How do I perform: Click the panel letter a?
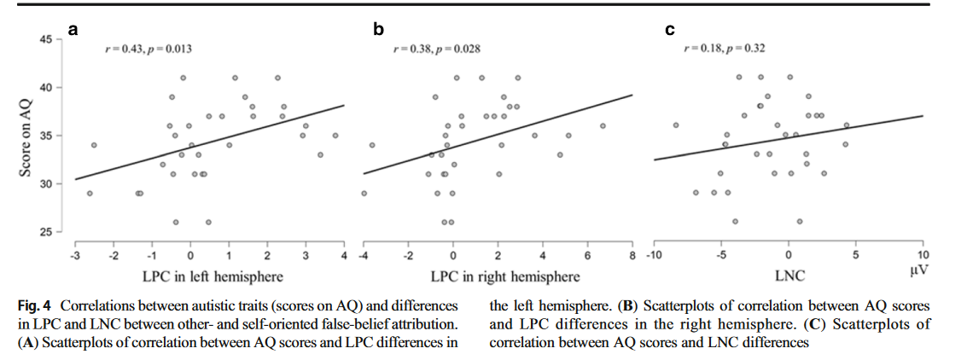point(73,31)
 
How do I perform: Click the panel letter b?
point(378,31)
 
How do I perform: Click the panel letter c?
point(670,31)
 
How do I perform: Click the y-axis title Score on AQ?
point(26,136)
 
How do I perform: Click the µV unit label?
point(918,270)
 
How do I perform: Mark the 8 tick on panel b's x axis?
point(632,255)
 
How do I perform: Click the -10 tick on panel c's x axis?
point(654,255)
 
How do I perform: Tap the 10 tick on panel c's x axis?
point(923,255)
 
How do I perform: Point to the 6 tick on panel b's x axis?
point(588,255)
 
